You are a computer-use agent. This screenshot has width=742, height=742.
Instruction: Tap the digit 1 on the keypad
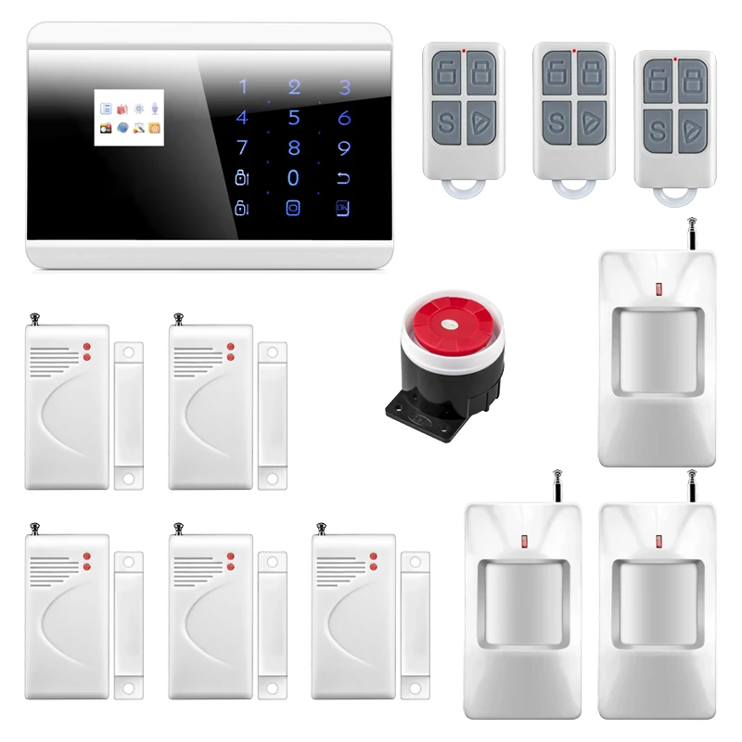click(x=244, y=88)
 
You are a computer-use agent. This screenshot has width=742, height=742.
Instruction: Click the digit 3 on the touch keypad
click(x=344, y=88)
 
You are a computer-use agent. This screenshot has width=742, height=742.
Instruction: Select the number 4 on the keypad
click(x=242, y=118)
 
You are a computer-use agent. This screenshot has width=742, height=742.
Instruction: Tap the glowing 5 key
click(x=294, y=118)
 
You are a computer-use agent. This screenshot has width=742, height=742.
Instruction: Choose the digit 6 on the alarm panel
click(x=344, y=118)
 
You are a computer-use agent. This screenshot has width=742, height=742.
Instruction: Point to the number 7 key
click(x=243, y=147)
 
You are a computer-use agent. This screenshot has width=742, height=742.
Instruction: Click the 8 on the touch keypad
click(x=294, y=147)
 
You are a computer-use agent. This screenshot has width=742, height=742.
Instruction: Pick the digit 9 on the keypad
click(x=344, y=147)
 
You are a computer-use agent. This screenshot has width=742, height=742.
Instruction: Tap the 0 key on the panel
click(x=294, y=177)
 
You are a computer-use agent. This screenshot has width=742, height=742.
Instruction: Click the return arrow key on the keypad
click(x=344, y=177)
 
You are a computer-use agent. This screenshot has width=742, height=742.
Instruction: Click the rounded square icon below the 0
click(x=294, y=208)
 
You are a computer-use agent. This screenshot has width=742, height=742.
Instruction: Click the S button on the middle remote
click(x=556, y=122)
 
